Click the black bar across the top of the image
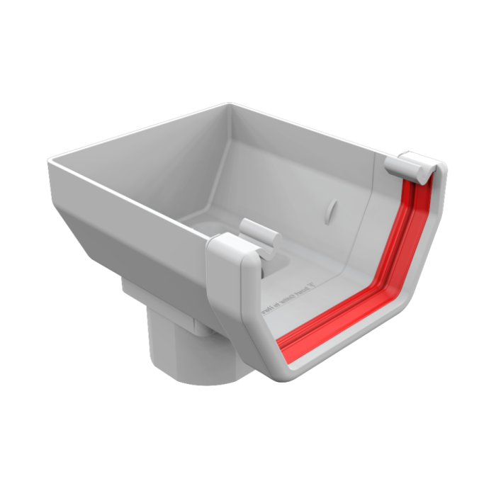(x=248, y=20)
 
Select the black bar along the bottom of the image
(x=248, y=476)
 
